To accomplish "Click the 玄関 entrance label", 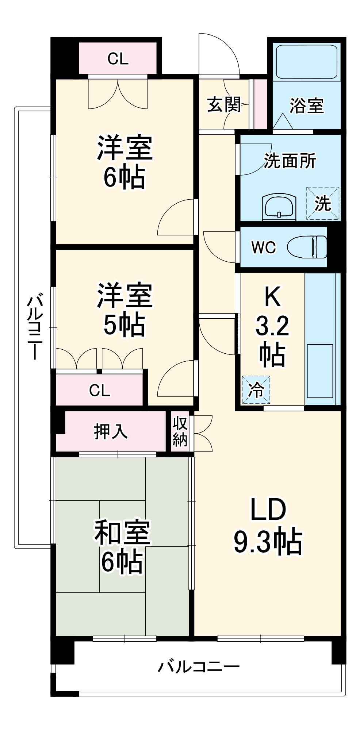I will tap(224, 105).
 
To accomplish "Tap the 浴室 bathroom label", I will tap(306, 106).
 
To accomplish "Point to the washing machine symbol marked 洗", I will tap(323, 203).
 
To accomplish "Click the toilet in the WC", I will tap(307, 247).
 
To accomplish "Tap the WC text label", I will tap(263, 248).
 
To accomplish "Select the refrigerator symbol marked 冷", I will tap(256, 390).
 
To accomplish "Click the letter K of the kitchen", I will tap(272, 296).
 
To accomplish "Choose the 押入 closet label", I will tap(111, 431).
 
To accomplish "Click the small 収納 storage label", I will tap(180, 431).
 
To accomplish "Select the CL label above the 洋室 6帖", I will tap(118, 59).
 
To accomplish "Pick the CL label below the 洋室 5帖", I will tap(99, 391).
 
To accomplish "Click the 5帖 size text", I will tap(124, 325).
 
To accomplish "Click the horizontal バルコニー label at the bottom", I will tap(199, 667).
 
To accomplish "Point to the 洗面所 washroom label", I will tap(290, 161).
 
